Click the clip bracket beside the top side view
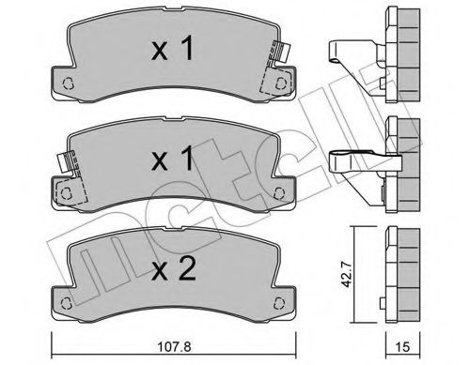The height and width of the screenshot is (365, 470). point(357,56)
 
